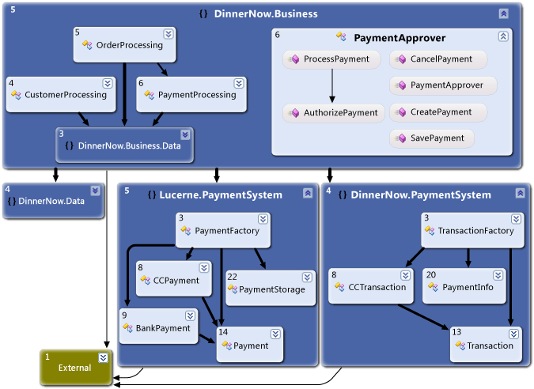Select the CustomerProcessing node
coord(59,94)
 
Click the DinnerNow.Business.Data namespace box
coord(124,145)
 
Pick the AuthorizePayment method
coord(334,112)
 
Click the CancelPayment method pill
coord(437,59)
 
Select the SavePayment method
coord(432,138)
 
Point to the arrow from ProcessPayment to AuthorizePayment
coord(332,86)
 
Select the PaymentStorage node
coord(265,289)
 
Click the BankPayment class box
coord(158,327)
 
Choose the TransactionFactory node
coord(469,231)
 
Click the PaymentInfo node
coord(463,287)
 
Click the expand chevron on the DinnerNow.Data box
coord(96,190)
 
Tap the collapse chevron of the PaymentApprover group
coord(503,36)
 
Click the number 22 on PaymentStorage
coord(232,276)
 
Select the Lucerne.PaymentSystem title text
coord(220,194)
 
